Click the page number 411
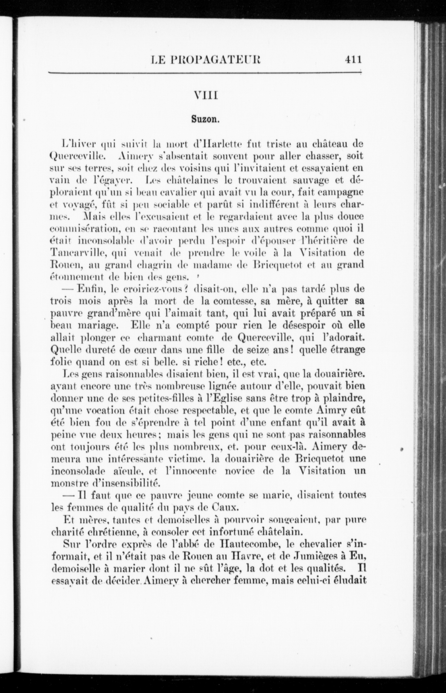pyautogui.click(x=353, y=59)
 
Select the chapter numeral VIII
pyautogui.click(x=206, y=95)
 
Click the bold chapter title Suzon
pyautogui.click(x=205, y=119)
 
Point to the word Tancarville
pyautogui.click(x=76, y=252)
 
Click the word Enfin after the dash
pyautogui.click(x=89, y=289)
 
